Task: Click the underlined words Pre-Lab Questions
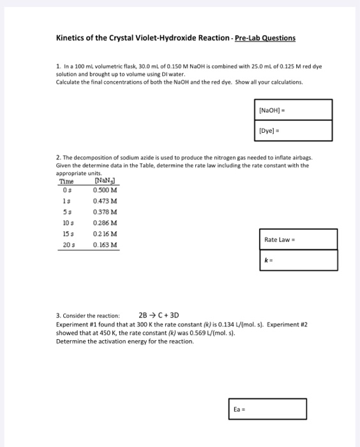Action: pyautogui.click(x=265, y=38)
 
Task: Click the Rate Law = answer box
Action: pyautogui.click(x=298, y=239)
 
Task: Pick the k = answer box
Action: pyautogui.click(x=298, y=261)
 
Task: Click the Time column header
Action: pyautogui.click(x=66, y=181)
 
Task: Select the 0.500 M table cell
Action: pyautogui.click(x=103, y=190)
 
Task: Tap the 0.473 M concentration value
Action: pyautogui.click(x=103, y=201)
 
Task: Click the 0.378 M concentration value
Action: pyautogui.click(x=103, y=212)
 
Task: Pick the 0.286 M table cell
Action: pyautogui.click(x=103, y=223)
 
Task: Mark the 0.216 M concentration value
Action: pyautogui.click(x=103, y=234)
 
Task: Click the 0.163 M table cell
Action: pyautogui.click(x=103, y=245)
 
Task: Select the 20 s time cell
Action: pyautogui.click(x=66, y=245)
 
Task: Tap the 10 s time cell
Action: pyautogui.click(x=66, y=223)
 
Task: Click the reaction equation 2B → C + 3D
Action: pyautogui.click(x=159, y=315)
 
